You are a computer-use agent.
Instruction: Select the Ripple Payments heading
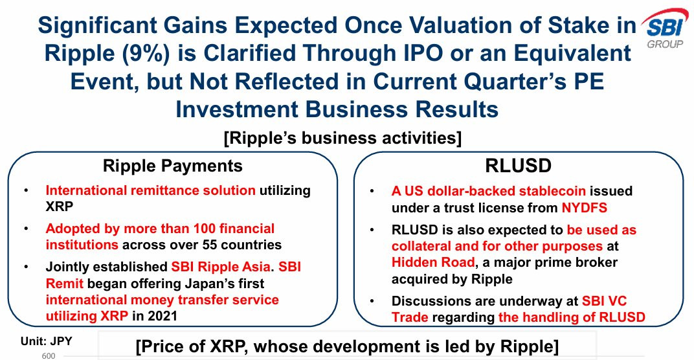pos(173,166)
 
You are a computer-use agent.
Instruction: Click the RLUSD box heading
pos(519,166)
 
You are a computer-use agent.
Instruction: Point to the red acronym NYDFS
pos(584,207)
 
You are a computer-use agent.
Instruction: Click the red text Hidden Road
pos(433,262)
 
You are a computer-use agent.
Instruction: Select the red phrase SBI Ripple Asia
pos(221,267)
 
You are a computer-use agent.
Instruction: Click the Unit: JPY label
pos(47,341)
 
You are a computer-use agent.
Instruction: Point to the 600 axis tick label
pos(49,356)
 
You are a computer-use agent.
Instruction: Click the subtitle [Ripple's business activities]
pos(342,138)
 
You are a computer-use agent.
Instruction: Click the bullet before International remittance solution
pos(27,190)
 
